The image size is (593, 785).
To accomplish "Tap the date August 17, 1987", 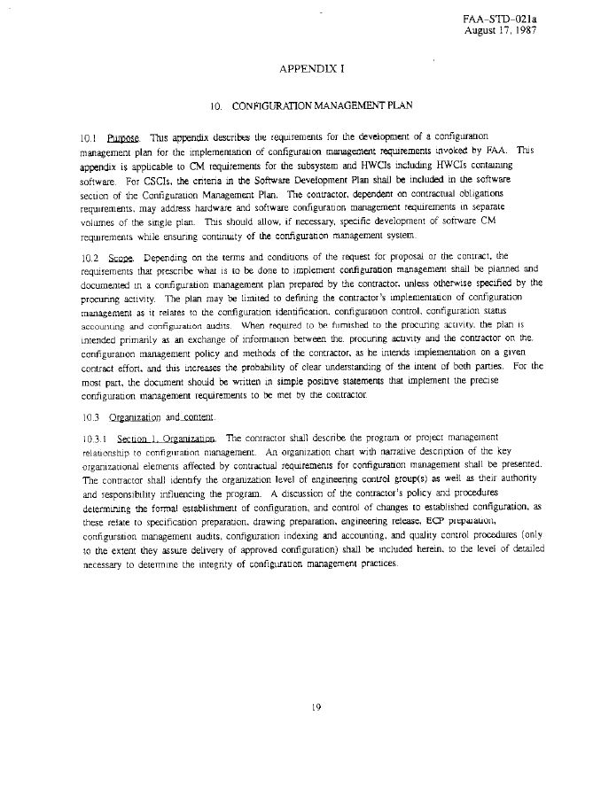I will tap(501, 30).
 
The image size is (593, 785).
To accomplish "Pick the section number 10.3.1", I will tap(94, 438).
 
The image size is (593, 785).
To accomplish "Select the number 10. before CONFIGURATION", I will tap(215, 106).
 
